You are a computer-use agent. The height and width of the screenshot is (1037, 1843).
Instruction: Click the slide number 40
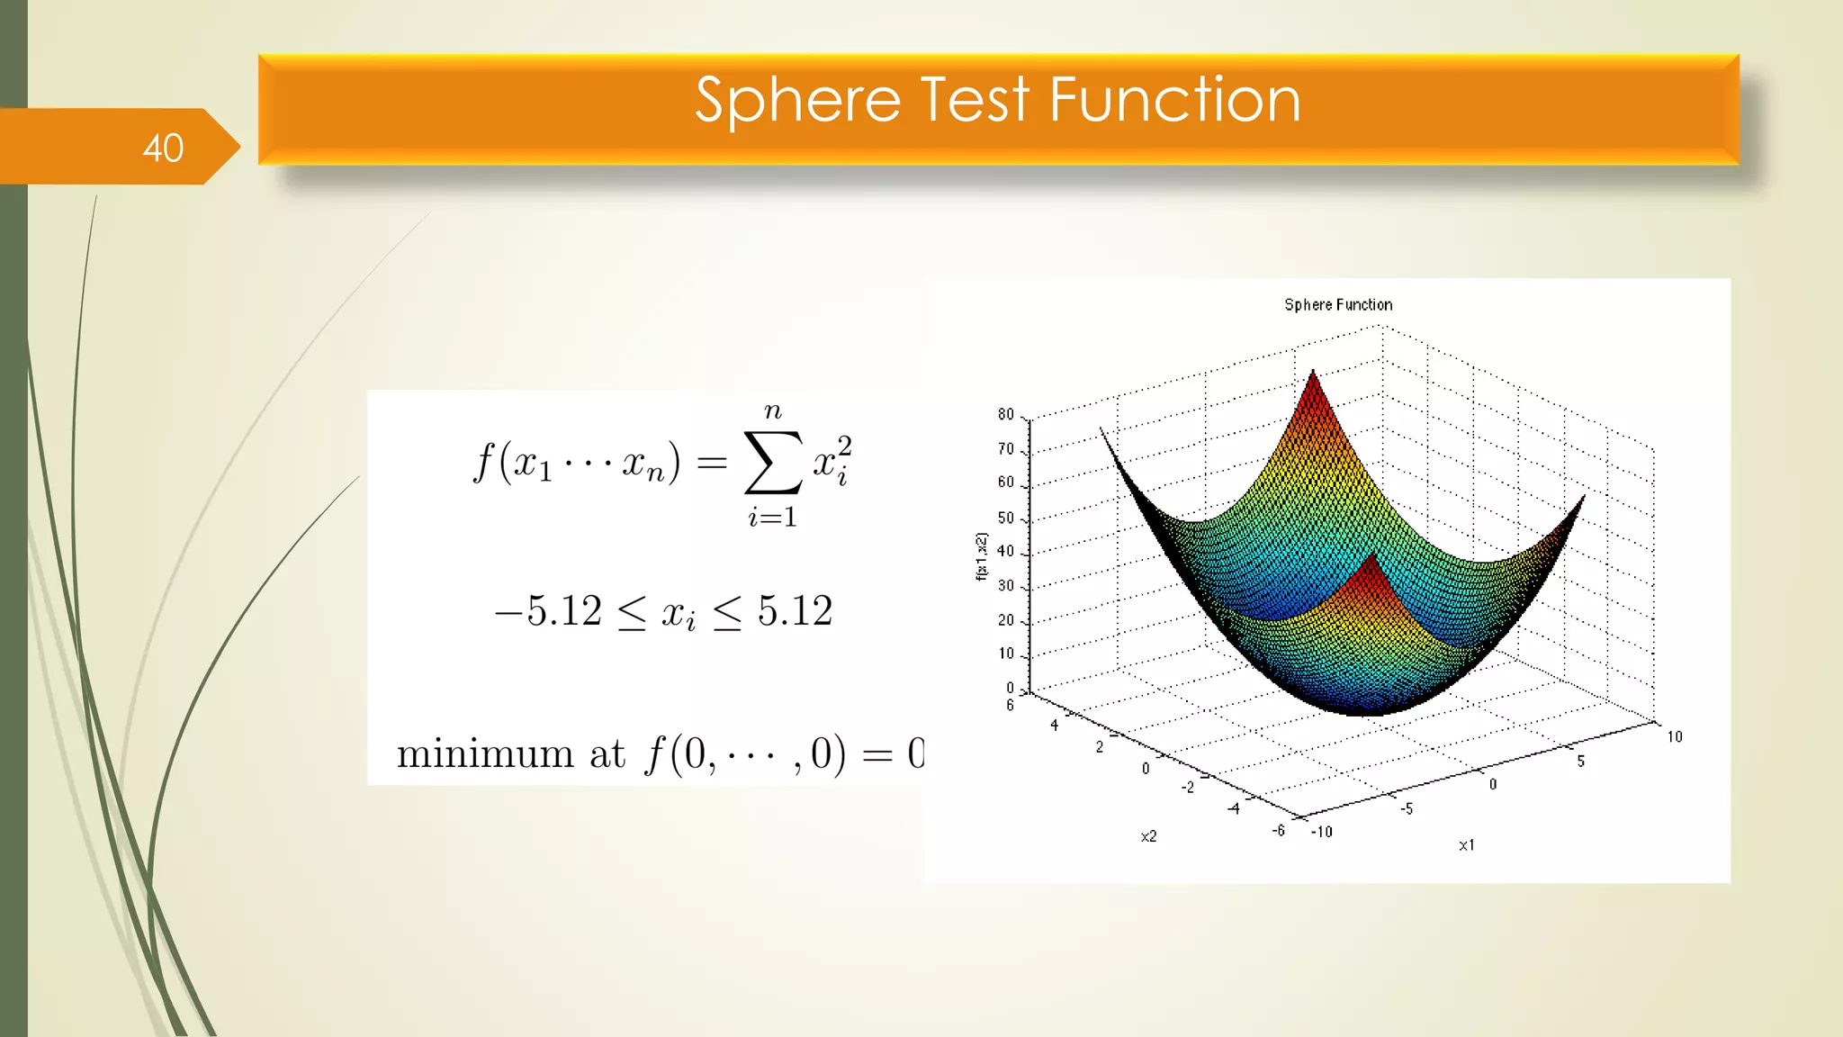coord(163,149)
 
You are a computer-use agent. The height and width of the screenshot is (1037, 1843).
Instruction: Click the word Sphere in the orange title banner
coord(797,100)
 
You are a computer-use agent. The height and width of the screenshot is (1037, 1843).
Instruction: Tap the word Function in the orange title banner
coord(1174,100)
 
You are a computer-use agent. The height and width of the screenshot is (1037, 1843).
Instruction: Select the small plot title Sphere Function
coord(1338,305)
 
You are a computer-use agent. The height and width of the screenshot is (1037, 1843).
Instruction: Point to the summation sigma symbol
coord(772,463)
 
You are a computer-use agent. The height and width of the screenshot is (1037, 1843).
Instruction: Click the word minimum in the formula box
coord(485,754)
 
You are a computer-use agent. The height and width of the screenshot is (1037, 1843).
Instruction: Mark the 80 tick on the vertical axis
coord(1005,415)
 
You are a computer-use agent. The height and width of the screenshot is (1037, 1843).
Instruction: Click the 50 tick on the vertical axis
coord(1005,518)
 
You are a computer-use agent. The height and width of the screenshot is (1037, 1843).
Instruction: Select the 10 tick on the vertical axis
coord(1005,654)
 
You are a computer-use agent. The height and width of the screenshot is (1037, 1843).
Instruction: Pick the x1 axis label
coord(1467,845)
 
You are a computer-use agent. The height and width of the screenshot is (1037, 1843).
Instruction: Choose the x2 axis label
coord(1148,836)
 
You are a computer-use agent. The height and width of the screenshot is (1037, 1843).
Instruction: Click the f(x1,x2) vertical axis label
coord(982,556)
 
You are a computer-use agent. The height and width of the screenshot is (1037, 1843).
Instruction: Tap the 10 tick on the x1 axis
coord(1674,737)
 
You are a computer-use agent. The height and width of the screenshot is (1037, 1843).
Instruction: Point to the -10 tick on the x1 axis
coord(1321,832)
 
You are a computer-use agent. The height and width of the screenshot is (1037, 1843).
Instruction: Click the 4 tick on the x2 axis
coord(1054,726)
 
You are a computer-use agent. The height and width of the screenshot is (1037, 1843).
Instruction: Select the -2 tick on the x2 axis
coord(1188,788)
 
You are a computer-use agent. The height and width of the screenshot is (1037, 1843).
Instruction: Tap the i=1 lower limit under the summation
coord(772,518)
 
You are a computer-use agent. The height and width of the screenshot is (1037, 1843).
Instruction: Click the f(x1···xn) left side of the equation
coord(576,464)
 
